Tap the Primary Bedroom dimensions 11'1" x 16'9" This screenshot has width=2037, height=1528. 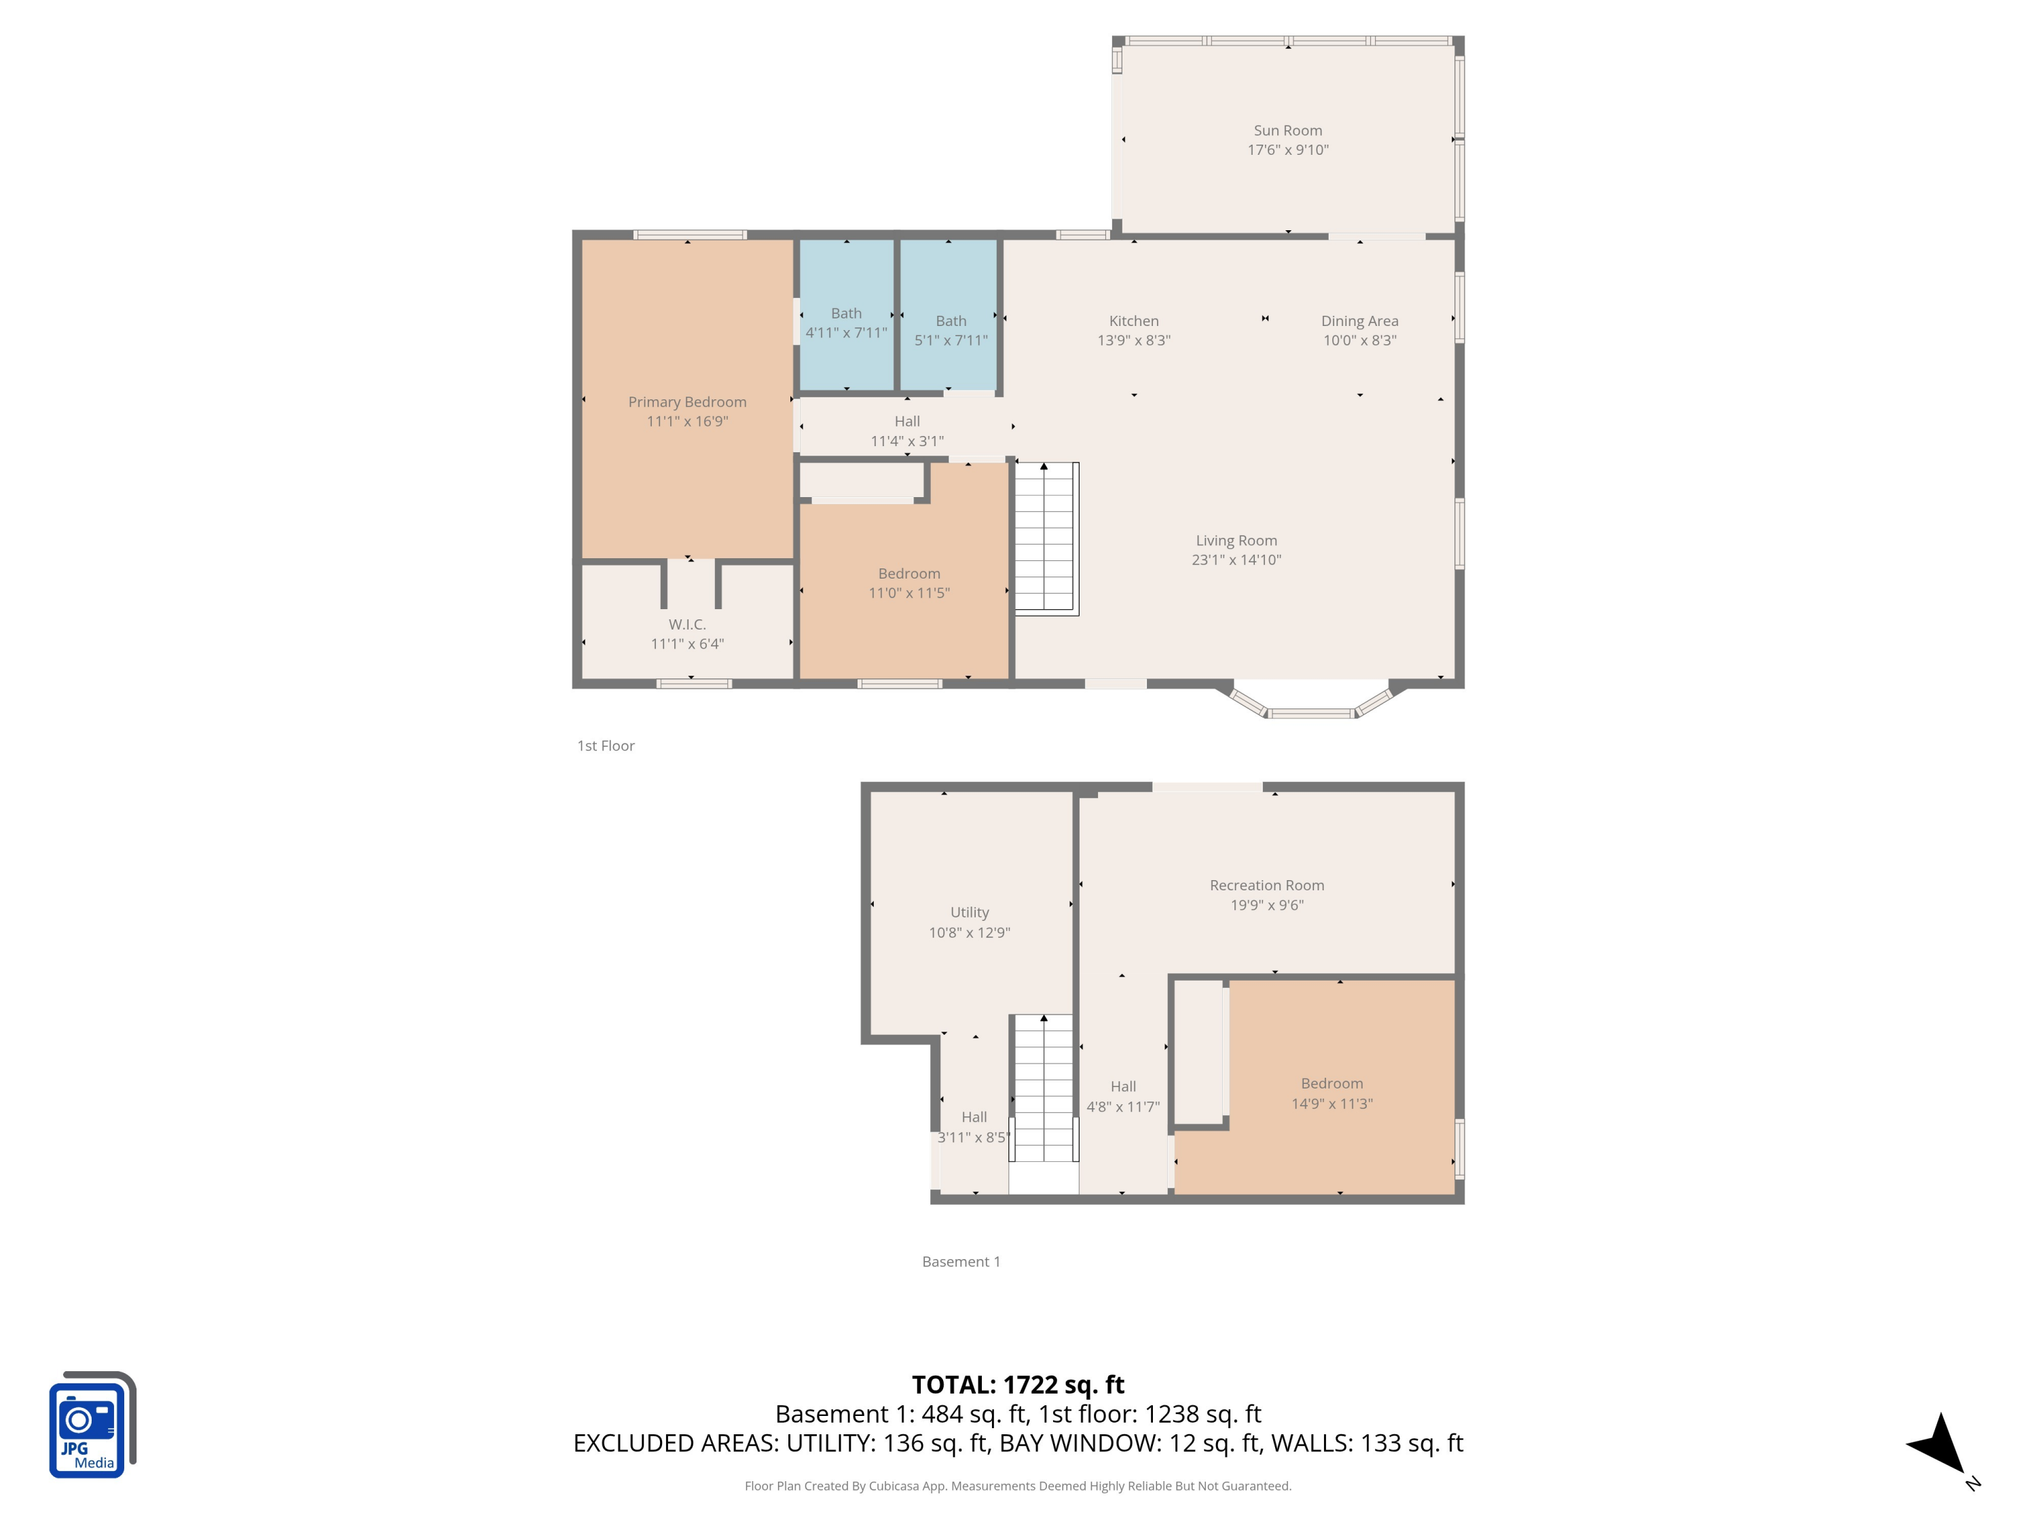(687, 422)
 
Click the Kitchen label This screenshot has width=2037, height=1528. (1134, 321)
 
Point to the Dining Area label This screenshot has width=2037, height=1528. (1359, 321)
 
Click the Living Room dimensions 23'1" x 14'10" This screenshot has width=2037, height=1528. (1236, 560)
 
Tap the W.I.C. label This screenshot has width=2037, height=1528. (687, 625)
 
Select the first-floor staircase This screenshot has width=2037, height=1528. (1044, 538)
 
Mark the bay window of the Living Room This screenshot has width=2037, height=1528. (1310, 705)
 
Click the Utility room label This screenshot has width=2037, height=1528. (969, 912)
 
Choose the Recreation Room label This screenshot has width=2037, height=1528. (1266, 885)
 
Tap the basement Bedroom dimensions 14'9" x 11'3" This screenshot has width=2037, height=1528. (1332, 1104)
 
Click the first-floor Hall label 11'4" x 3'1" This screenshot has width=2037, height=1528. (906, 422)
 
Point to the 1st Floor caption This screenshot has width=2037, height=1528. (605, 746)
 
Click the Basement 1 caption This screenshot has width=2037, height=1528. (961, 1262)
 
